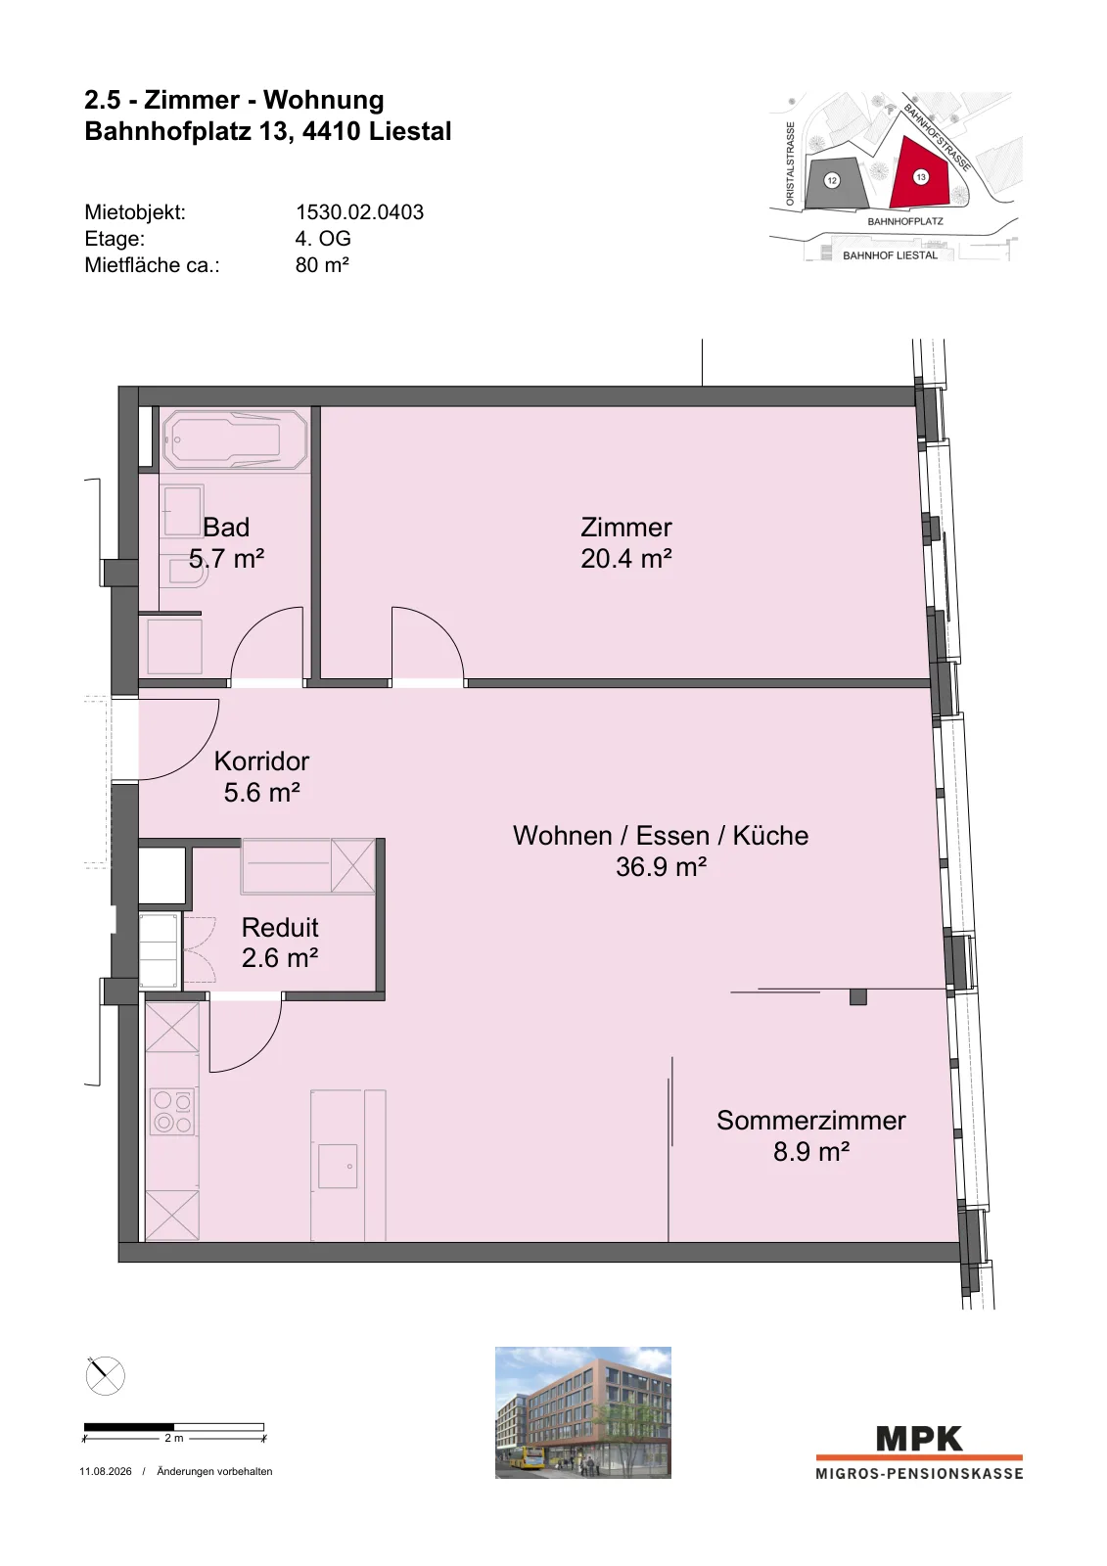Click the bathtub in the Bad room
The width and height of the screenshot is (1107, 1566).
[234, 439]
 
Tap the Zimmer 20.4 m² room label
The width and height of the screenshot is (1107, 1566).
[625, 542]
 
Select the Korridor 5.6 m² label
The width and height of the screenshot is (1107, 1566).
[261, 777]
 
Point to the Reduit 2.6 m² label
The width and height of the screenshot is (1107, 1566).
[280, 943]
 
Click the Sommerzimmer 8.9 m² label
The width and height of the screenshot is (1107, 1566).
[811, 1136]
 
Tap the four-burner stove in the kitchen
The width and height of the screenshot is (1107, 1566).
[172, 1112]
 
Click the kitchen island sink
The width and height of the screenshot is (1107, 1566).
[338, 1166]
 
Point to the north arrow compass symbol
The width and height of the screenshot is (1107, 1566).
[105, 1376]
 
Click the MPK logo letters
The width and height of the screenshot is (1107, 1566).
[919, 1440]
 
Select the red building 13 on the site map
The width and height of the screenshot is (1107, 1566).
[921, 174]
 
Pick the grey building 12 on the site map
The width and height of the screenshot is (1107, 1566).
[835, 182]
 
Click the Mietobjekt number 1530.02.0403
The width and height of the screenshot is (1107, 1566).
[359, 211]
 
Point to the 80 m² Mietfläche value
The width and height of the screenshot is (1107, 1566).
[322, 265]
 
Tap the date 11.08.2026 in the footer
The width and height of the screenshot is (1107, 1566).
[106, 1472]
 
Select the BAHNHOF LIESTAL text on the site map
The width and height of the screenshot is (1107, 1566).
[890, 255]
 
